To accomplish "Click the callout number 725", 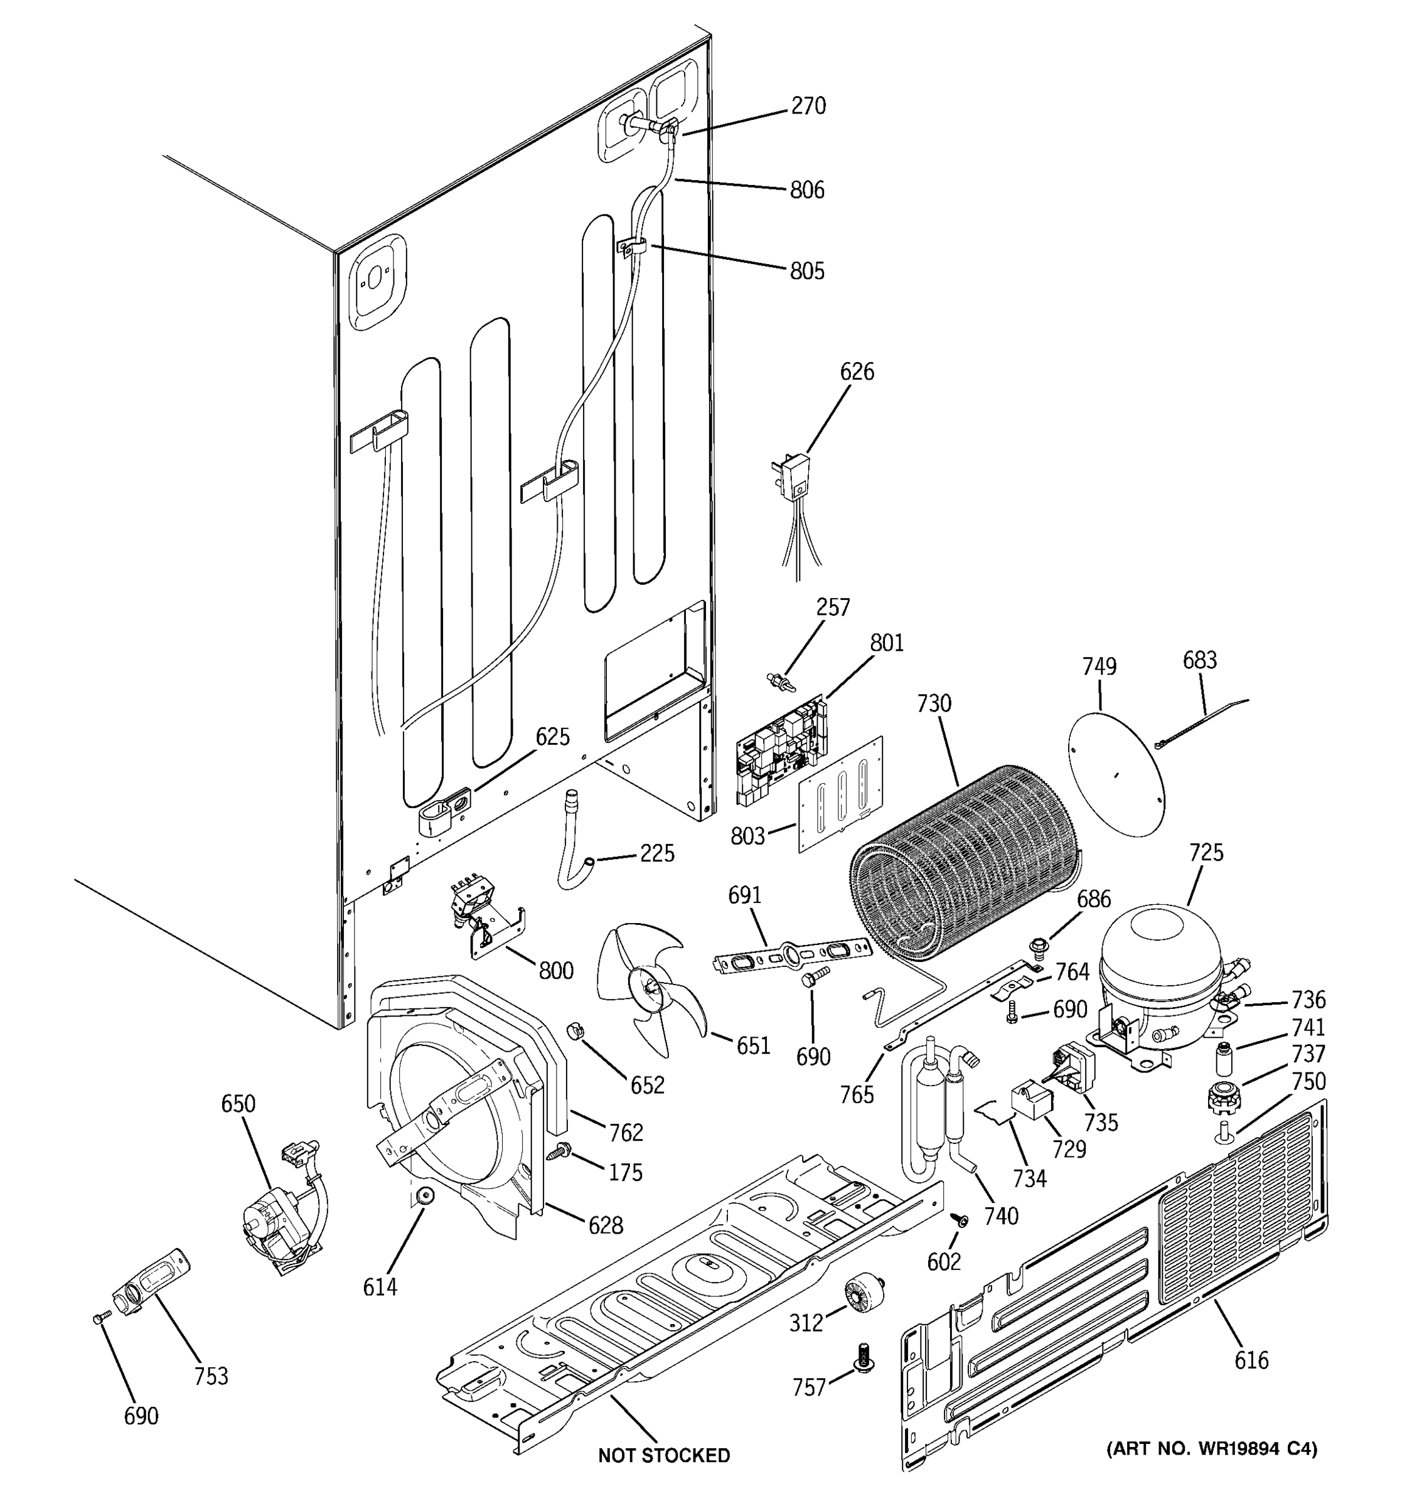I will (1206, 853).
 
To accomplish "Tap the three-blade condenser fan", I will (648, 988).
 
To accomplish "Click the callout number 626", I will (856, 372).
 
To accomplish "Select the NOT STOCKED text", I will (663, 1455).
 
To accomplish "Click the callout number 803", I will (747, 836).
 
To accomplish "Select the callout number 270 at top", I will (808, 106).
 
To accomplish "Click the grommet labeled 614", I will (425, 1195).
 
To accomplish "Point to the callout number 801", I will (886, 643).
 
